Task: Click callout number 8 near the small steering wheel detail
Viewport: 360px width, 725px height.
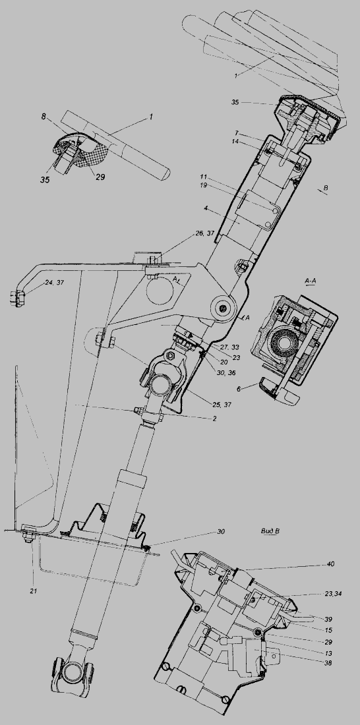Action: [44, 117]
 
